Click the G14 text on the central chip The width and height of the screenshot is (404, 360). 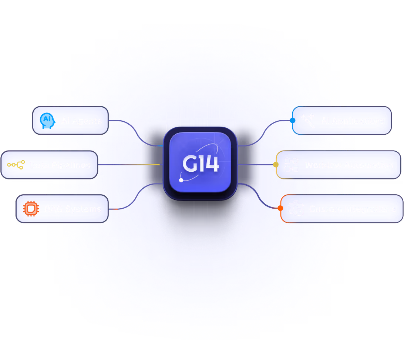point(201,164)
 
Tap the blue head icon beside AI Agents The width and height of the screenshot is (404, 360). point(47,121)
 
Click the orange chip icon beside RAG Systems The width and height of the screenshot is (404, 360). point(30,209)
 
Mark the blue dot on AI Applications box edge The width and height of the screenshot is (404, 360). point(293,121)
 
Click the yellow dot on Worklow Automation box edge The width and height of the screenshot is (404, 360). point(276,165)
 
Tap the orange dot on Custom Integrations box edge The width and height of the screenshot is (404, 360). point(280,208)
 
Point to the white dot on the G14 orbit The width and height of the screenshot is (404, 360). point(181,180)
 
